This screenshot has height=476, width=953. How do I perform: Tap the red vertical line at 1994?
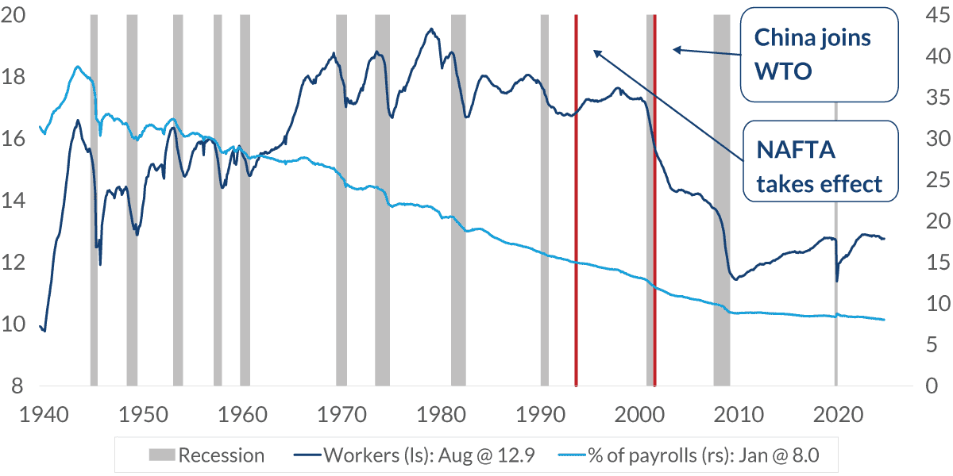(576, 238)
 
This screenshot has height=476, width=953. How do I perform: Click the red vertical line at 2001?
(655, 238)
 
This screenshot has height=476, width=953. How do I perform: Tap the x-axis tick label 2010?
(739, 414)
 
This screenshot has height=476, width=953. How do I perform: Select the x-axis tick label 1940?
(41, 414)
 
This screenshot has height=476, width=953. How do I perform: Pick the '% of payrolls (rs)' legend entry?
(691, 455)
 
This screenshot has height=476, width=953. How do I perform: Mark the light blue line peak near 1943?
(77, 67)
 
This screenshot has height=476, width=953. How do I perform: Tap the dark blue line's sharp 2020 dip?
(836, 281)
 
